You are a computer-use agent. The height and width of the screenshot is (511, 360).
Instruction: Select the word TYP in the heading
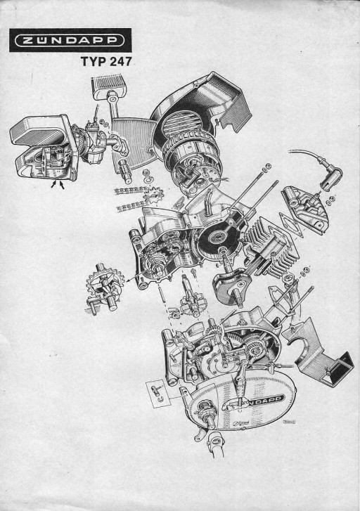(x=92, y=61)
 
